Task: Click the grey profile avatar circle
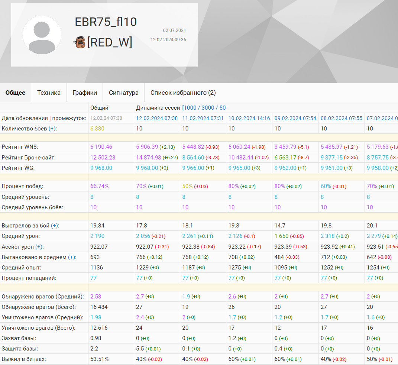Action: (x=42, y=35)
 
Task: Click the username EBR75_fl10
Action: (x=106, y=22)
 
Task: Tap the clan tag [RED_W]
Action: (x=110, y=42)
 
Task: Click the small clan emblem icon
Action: (x=79, y=42)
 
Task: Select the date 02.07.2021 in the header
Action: (x=174, y=30)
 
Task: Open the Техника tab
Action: (x=49, y=93)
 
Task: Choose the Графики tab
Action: (x=85, y=93)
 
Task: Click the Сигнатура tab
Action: (x=124, y=93)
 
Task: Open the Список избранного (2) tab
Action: (x=183, y=93)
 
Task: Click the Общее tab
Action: (x=16, y=93)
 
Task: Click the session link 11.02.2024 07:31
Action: (x=203, y=118)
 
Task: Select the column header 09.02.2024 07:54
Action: (x=295, y=118)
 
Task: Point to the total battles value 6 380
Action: (x=97, y=129)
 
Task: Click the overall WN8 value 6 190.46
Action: (x=101, y=147)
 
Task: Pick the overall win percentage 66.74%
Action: (x=100, y=186)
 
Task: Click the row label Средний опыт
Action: (x=21, y=268)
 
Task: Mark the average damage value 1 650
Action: (x=281, y=236)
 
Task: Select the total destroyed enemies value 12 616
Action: (x=99, y=328)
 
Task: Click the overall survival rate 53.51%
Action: (x=99, y=359)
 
